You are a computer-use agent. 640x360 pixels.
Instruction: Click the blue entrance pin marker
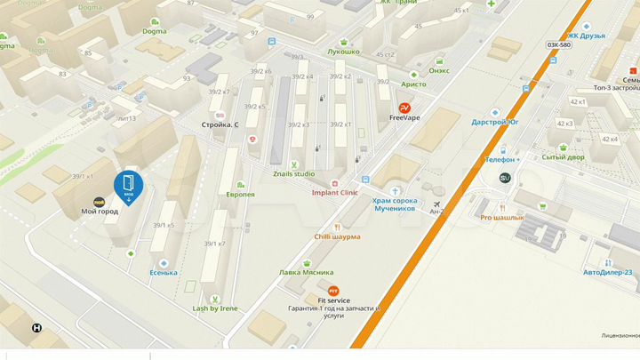tap(128, 186)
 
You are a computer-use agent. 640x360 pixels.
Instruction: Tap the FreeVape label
tap(404, 117)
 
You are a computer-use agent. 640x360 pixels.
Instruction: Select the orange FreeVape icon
tap(404, 107)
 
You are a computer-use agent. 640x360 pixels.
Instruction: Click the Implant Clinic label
tap(335, 192)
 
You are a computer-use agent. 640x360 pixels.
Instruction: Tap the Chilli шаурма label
tap(337, 237)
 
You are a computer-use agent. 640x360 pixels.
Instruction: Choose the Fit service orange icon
tap(333, 291)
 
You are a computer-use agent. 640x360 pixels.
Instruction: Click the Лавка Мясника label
tap(307, 272)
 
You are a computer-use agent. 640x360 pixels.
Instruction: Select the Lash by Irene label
tap(215, 308)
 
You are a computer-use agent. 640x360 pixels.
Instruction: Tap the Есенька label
tap(164, 272)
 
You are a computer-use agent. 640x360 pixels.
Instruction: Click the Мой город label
tap(100, 212)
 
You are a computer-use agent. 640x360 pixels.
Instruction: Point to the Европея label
tap(240, 194)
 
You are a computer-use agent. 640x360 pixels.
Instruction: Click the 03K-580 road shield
tap(559, 44)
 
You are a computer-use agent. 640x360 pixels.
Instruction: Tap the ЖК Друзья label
tap(587, 36)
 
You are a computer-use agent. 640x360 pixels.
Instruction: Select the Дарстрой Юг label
tap(495, 122)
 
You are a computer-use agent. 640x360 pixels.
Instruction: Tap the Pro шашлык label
tap(502, 217)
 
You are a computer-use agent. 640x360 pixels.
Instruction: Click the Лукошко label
tap(343, 52)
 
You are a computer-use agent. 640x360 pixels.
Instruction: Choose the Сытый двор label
tap(564, 157)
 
